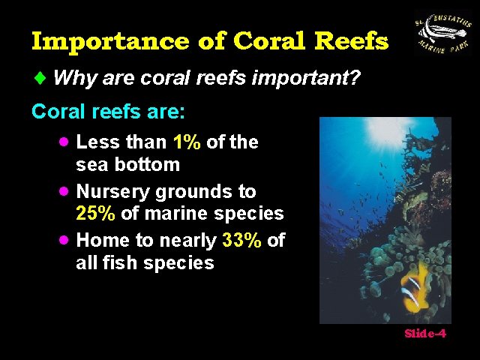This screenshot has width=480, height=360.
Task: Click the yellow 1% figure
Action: pos(187,142)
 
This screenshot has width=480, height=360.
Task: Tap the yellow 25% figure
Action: pos(96,214)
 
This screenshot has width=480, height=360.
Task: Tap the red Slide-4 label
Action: pos(425,334)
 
